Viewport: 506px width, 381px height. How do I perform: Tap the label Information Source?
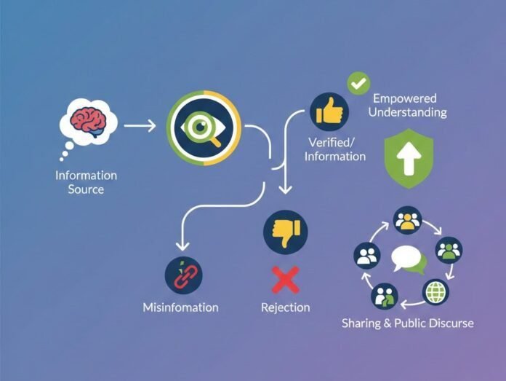pos(86,182)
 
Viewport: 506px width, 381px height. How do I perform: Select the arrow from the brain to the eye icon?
pos(140,125)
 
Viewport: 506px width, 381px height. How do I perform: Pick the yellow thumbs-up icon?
pos(328,111)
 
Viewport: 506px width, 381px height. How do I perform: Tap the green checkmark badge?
pos(358,84)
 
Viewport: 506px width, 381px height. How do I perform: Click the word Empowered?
pos(405,98)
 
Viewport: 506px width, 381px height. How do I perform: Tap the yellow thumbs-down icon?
pos(285,232)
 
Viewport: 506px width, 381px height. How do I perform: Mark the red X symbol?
pos(285,280)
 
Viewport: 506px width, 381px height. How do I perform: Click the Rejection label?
pos(285,307)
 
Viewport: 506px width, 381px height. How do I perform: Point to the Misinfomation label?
pos(180,307)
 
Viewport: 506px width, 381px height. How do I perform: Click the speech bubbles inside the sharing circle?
pos(409,259)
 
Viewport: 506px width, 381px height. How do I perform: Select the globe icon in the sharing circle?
pos(436,291)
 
